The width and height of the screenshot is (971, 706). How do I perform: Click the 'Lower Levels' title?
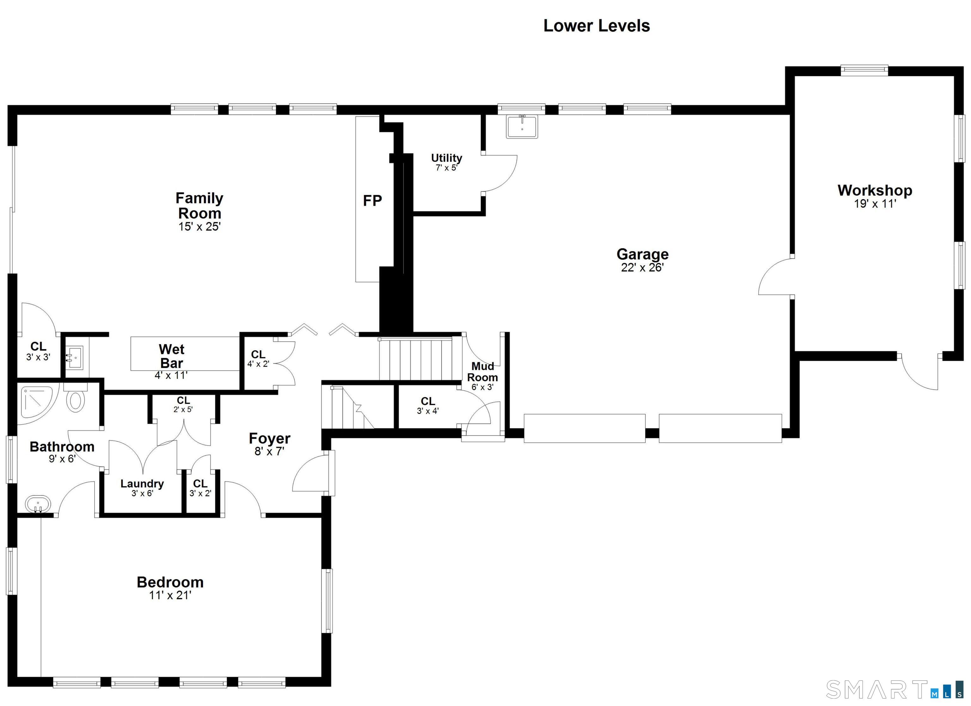[x=596, y=26]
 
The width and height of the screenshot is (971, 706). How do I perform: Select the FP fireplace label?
[x=372, y=200]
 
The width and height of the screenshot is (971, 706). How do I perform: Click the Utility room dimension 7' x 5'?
[x=447, y=168]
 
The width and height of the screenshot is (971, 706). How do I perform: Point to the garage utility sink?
[x=522, y=126]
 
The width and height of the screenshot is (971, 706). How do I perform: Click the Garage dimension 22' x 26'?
[x=642, y=268]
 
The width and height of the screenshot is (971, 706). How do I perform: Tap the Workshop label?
[x=875, y=190]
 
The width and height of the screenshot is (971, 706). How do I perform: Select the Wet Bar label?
[x=172, y=356]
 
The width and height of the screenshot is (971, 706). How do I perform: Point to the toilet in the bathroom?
[x=75, y=397]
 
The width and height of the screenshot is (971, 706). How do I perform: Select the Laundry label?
[x=142, y=484]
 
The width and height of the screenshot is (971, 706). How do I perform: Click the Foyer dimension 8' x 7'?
[x=269, y=451]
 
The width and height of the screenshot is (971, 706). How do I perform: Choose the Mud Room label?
[x=483, y=372]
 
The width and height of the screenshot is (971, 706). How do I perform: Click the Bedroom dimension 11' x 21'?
[x=170, y=595]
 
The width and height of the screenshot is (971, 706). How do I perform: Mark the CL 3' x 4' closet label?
[x=428, y=405]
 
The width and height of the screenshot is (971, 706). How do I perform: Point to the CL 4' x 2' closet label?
[x=258, y=359]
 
